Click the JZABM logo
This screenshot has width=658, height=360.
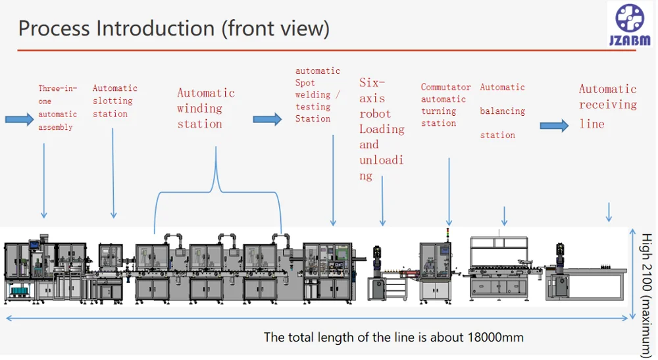[x=630, y=24]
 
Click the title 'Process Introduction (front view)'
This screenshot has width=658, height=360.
[x=174, y=28]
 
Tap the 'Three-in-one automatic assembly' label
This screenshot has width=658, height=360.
[x=57, y=107]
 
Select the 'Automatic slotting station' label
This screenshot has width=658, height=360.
[x=114, y=101]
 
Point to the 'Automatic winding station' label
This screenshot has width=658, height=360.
[x=205, y=108]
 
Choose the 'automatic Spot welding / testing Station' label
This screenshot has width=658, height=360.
[x=318, y=95]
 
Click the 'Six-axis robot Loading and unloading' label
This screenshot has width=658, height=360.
[x=382, y=129]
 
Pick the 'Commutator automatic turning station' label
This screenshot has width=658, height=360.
[x=445, y=105]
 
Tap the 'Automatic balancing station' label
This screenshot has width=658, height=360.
[x=502, y=111]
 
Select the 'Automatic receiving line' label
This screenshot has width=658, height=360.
[x=607, y=106]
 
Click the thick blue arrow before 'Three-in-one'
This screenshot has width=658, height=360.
[x=19, y=119]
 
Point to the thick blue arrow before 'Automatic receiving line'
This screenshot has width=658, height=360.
[x=554, y=126]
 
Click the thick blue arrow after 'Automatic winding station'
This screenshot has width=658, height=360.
[x=267, y=119]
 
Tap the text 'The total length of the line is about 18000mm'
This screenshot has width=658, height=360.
[x=393, y=338]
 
